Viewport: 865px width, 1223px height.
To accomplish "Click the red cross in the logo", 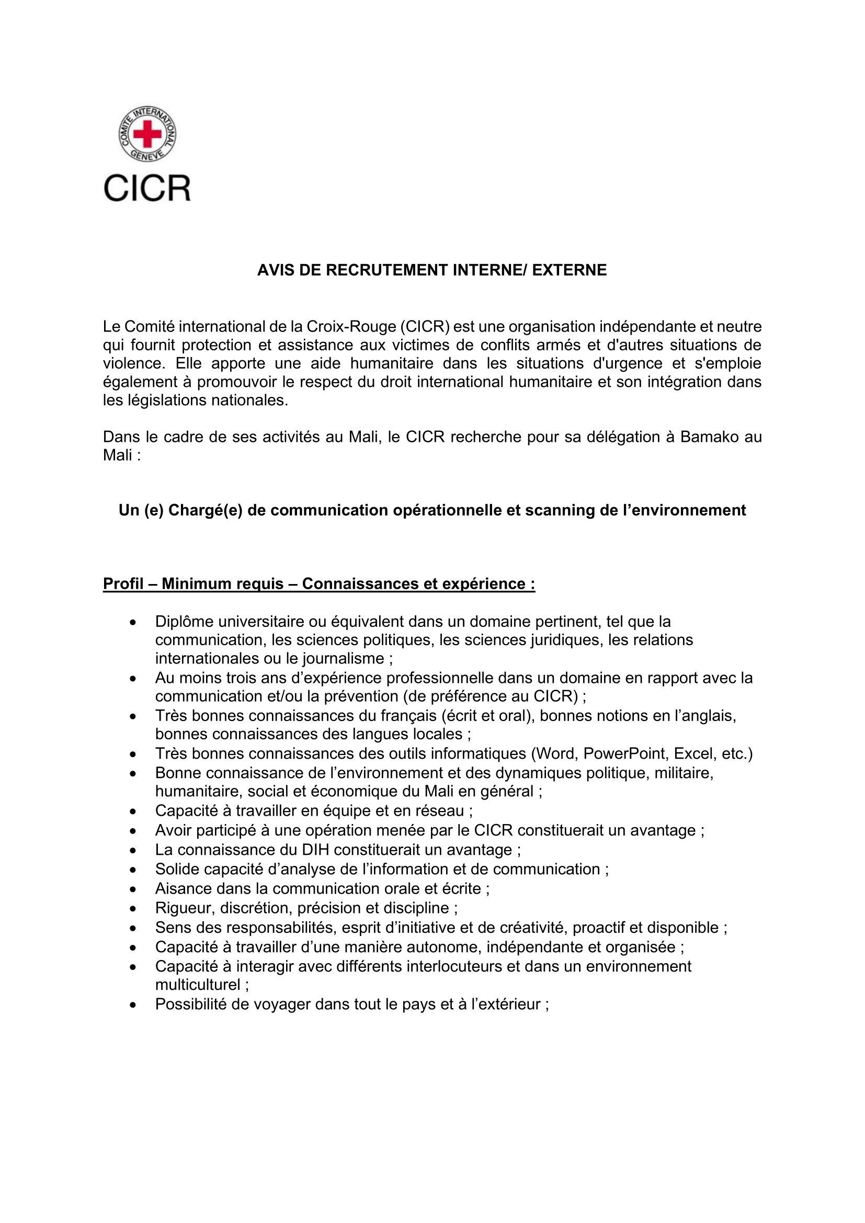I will tap(147, 133).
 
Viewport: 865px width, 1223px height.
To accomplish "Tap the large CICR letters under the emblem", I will tap(147, 188).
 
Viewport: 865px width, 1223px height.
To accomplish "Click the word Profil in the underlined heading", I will tap(123, 584).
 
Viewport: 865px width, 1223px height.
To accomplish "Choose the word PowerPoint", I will tap(626, 754).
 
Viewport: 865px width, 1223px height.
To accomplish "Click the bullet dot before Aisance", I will tap(133, 889).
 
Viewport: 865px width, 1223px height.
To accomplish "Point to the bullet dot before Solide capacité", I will tap(133, 870).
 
